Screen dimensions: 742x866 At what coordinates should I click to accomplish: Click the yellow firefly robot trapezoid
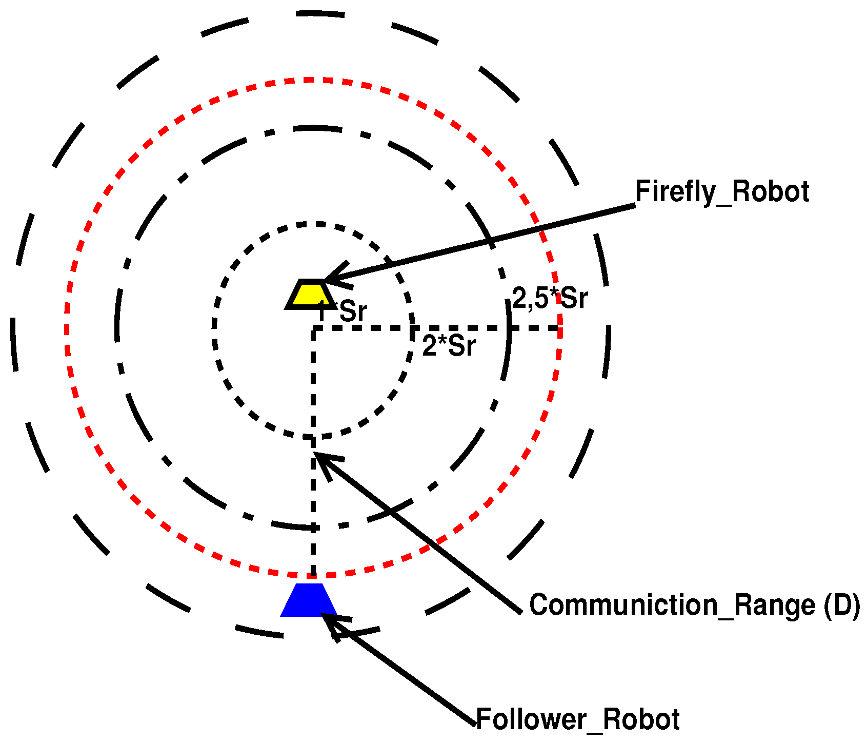pyautogui.click(x=310, y=295)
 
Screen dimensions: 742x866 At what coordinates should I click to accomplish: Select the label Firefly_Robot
pyautogui.click(x=722, y=192)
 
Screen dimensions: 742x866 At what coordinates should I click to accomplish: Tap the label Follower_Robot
pyautogui.click(x=578, y=719)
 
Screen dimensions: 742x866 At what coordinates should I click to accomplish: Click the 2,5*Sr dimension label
pyautogui.click(x=550, y=298)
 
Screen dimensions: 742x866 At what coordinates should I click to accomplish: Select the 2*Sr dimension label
pyautogui.click(x=449, y=346)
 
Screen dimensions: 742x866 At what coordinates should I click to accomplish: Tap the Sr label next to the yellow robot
pyautogui.click(x=353, y=311)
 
